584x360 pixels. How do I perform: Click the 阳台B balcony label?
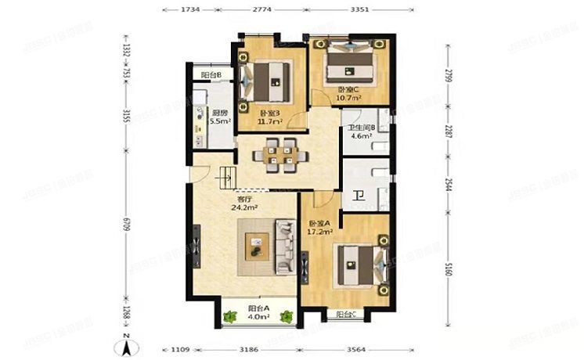pos(211,75)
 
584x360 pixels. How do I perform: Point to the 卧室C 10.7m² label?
pos(348,94)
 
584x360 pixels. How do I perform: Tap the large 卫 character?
pos(359,197)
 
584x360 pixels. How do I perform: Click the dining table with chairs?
pos(279,154)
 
